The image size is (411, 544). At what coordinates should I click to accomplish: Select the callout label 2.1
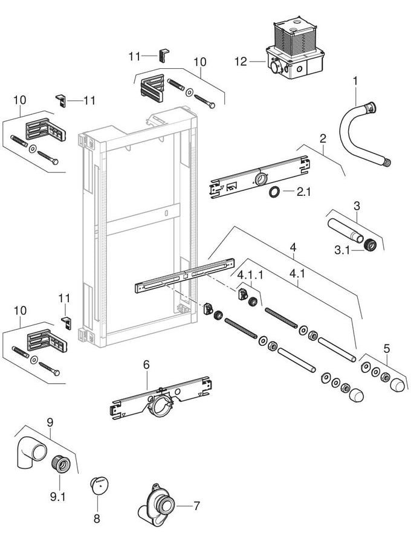coord(303,192)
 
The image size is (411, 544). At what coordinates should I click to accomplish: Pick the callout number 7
coord(196,504)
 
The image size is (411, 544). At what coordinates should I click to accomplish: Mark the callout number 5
coord(387,348)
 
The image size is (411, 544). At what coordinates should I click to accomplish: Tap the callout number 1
coord(355,80)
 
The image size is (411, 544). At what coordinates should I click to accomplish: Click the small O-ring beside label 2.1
coord(274,192)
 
